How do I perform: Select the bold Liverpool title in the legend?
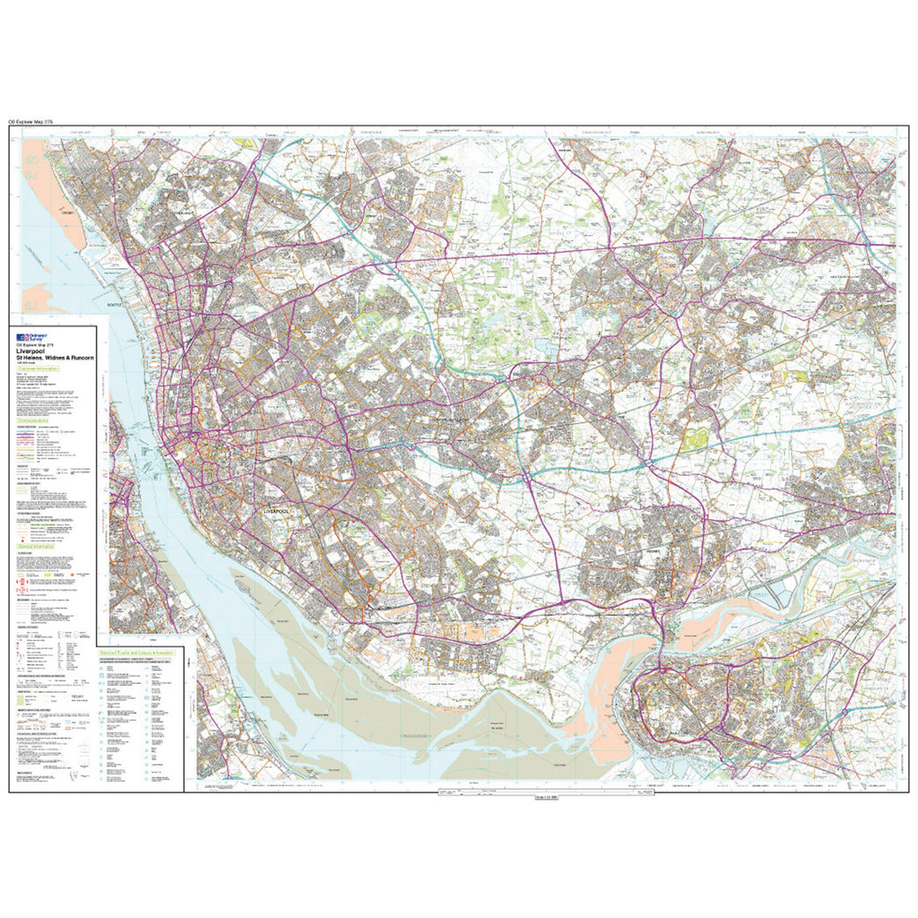coord(35,352)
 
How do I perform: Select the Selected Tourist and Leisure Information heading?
coord(134,651)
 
